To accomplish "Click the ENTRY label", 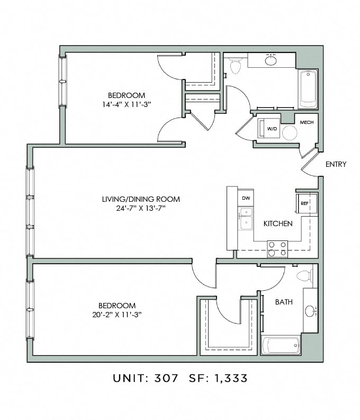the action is [336, 164].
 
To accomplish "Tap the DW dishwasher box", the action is [246, 198].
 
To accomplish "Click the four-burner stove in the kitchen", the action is [277, 249].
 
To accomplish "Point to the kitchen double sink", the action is [246, 219].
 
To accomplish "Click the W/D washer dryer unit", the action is [269, 129].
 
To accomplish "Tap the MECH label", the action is [307, 122].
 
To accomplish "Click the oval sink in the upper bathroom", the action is [271, 60].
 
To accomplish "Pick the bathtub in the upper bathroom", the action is [308, 89].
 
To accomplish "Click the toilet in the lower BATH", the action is [305, 275].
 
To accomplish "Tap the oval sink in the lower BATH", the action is [310, 311].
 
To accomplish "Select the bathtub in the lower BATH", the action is [281, 345].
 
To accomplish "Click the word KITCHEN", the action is [278, 224].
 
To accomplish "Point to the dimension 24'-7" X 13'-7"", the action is [141, 208].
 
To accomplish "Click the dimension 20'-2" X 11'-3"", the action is [116, 315].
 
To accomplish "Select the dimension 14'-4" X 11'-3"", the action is [127, 104].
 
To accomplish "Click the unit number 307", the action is [166, 378].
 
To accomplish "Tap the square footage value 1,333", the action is [231, 378].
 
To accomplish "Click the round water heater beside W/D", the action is [290, 132].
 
